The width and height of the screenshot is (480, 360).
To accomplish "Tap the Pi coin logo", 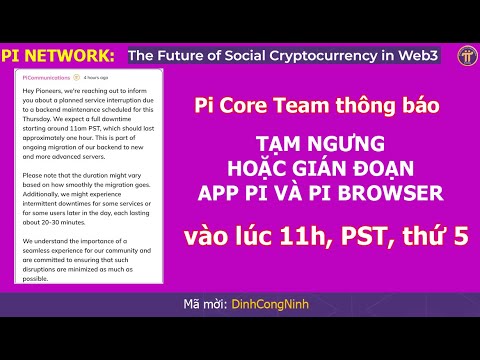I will click(466, 54).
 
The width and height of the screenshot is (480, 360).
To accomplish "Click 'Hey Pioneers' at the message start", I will click(42, 90).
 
